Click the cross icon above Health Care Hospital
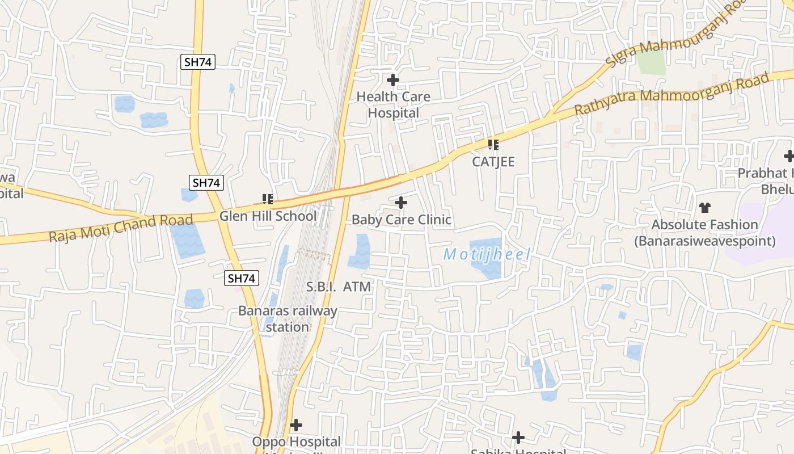coord(392,80)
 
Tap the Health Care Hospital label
coord(393,105)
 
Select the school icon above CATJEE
coord(493,145)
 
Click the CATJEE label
coord(493,162)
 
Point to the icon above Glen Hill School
coord(268,199)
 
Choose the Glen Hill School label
coord(268,216)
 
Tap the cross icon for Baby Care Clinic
coord(401,203)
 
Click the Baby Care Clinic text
coord(401,220)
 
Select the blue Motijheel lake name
coord(487,254)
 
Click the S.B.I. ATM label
coord(339,287)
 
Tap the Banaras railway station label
coord(288,319)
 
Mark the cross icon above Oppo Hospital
coord(295,424)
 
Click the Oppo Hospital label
coord(297,442)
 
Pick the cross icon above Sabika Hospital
coord(518,438)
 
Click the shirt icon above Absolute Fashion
coord(704,208)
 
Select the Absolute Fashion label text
coord(704,233)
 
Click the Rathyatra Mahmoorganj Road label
coord(672,93)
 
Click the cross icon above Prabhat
coord(788,156)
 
